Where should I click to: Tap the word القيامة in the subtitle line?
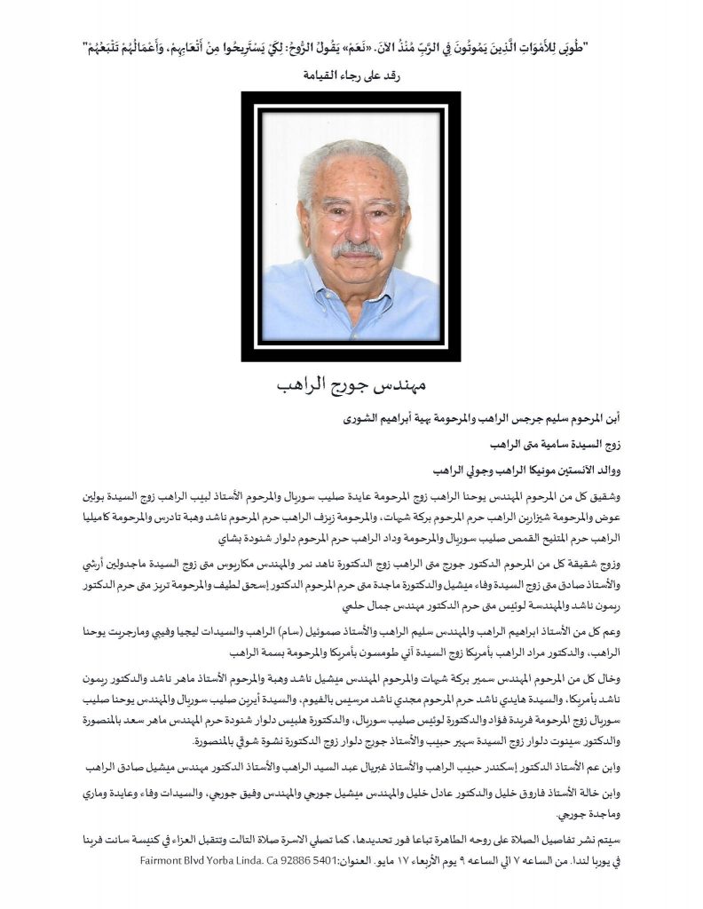(320, 75)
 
